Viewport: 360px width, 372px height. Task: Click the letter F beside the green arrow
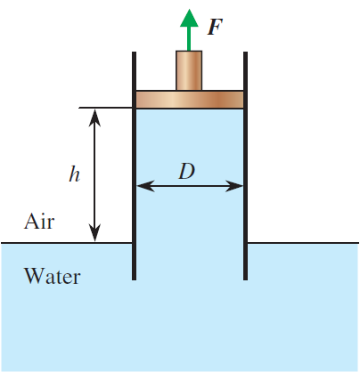click(x=214, y=26)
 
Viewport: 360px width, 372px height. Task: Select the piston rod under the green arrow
click(x=188, y=70)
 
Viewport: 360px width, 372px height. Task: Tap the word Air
click(x=38, y=221)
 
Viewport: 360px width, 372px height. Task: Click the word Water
click(x=52, y=276)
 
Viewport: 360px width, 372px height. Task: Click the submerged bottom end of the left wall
click(x=134, y=277)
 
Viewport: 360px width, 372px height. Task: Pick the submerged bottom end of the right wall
click(x=245, y=277)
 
